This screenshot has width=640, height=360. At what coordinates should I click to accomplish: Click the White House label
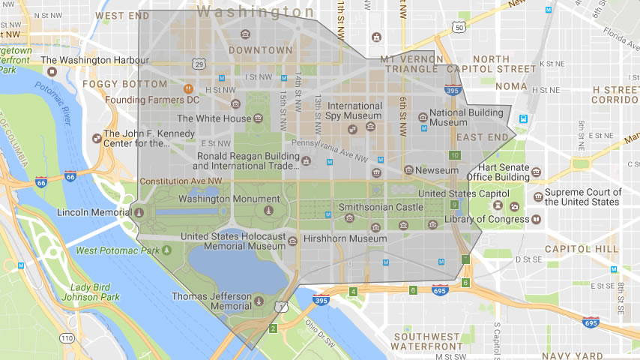pos(214,118)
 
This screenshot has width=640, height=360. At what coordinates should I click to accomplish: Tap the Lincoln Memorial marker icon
pos(139,212)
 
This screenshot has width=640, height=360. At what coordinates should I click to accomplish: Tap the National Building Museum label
pos(459,117)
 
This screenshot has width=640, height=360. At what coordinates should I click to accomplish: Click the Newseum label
pos(437,170)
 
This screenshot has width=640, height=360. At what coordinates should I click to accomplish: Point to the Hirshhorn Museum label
pos(345,238)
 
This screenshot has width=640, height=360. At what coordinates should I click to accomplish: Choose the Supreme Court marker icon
pos(538,197)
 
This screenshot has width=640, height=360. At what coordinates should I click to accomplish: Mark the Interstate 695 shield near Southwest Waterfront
pos(440,289)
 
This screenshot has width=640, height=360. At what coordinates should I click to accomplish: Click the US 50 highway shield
pos(459,28)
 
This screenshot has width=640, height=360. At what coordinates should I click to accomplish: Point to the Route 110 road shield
pos(67,338)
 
